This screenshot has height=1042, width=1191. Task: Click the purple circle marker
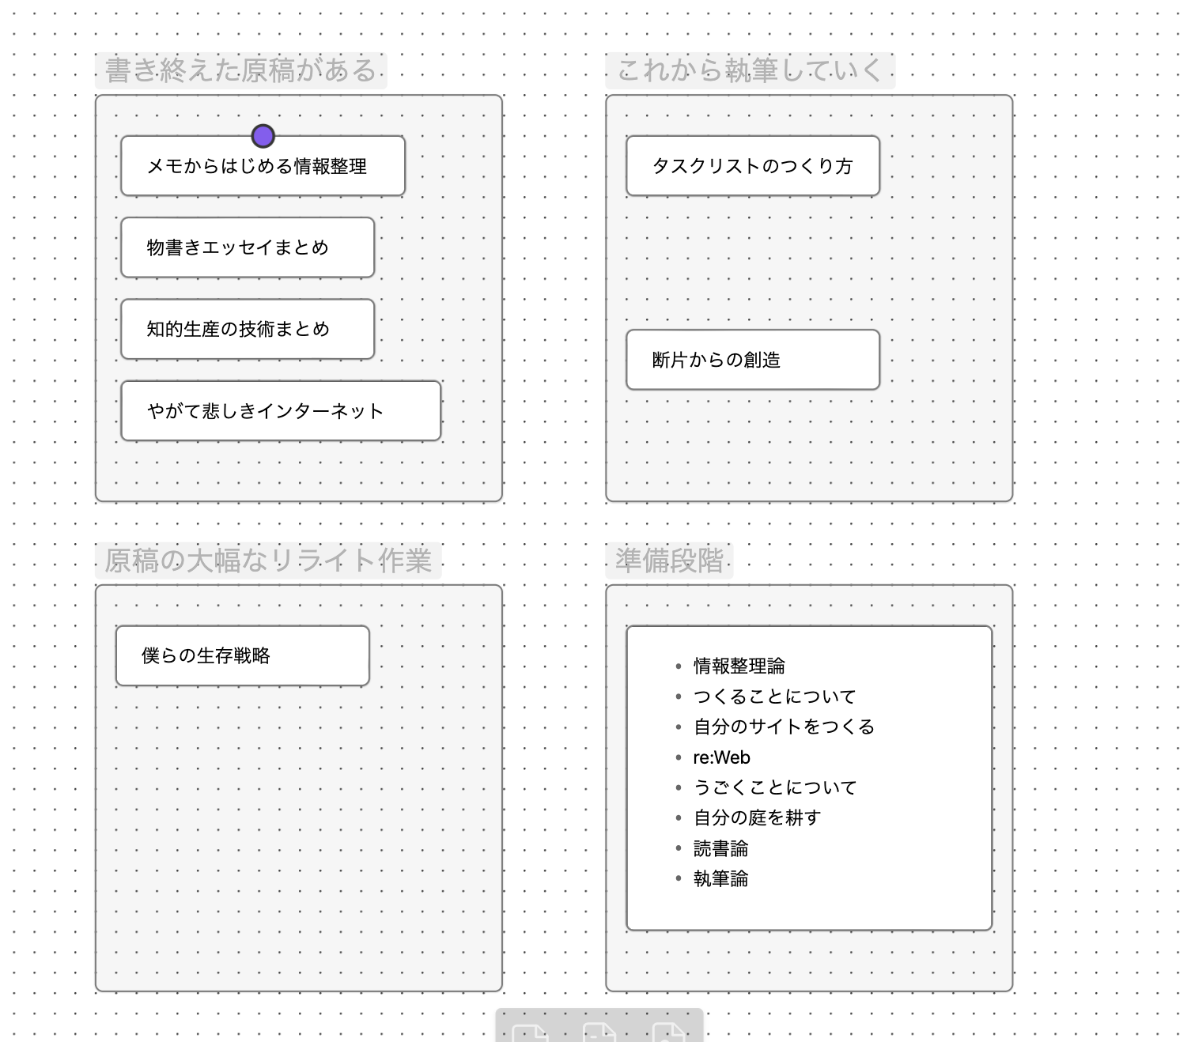coord(263,136)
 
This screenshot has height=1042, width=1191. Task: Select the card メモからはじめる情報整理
coord(263,167)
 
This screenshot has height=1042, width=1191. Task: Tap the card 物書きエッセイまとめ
coord(247,247)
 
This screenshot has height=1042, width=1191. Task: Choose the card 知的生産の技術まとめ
coord(247,329)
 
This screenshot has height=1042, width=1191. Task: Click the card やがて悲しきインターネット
coord(280,411)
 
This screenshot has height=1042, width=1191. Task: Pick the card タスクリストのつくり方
coord(752,166)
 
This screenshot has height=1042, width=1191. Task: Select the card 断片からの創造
coord(752,360)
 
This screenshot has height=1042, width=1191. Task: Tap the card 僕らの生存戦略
coord(242,655)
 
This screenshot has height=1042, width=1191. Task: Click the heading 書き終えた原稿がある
coord(240,70)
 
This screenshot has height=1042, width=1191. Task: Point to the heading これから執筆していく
coord(749,70)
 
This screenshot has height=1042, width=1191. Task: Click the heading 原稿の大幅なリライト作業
coord(267,560)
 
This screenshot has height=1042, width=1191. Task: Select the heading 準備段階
coord(669,560)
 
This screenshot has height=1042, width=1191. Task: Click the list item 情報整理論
coord(739,666)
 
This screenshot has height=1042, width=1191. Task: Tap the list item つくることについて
coord(774,697)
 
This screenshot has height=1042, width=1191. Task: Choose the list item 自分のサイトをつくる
coord(784,727)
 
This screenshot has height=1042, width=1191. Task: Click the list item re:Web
coord(721,757)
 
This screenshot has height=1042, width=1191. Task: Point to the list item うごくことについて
coord(774,787)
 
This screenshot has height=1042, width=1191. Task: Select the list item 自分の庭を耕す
coord(757,817)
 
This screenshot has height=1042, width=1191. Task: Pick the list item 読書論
coord(720,849)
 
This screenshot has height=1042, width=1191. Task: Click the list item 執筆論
coord(720,878)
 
